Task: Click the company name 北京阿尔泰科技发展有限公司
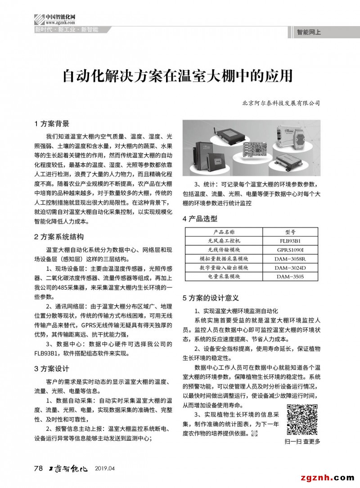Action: pyautogui.click(x=280, y=103)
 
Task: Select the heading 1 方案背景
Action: pyautogui.click(x=52, y=124)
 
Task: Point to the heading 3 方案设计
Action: pyautogui.click(x=52, y=369)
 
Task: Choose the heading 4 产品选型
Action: pyautogui.click(x=200, y=219)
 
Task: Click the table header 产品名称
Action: pyautogui.click(x=224, y=233)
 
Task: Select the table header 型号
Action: pyautogui.click(x=290, y=233)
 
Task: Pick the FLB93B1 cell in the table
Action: pyautogui.click(x=290, y=241)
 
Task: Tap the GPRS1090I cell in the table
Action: pyautogui.click(x=290, y=250)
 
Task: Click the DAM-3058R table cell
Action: pyautogui.click(x=290, y=259)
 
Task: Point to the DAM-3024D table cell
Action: pyautogui.click(x=290, y=268)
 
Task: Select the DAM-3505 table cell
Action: pyautogui.click(x=290, y=277)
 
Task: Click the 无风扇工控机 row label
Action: pyautogui.click(x=224, y=241)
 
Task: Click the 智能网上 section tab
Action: pyautogui.click(x=309, y=32)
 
